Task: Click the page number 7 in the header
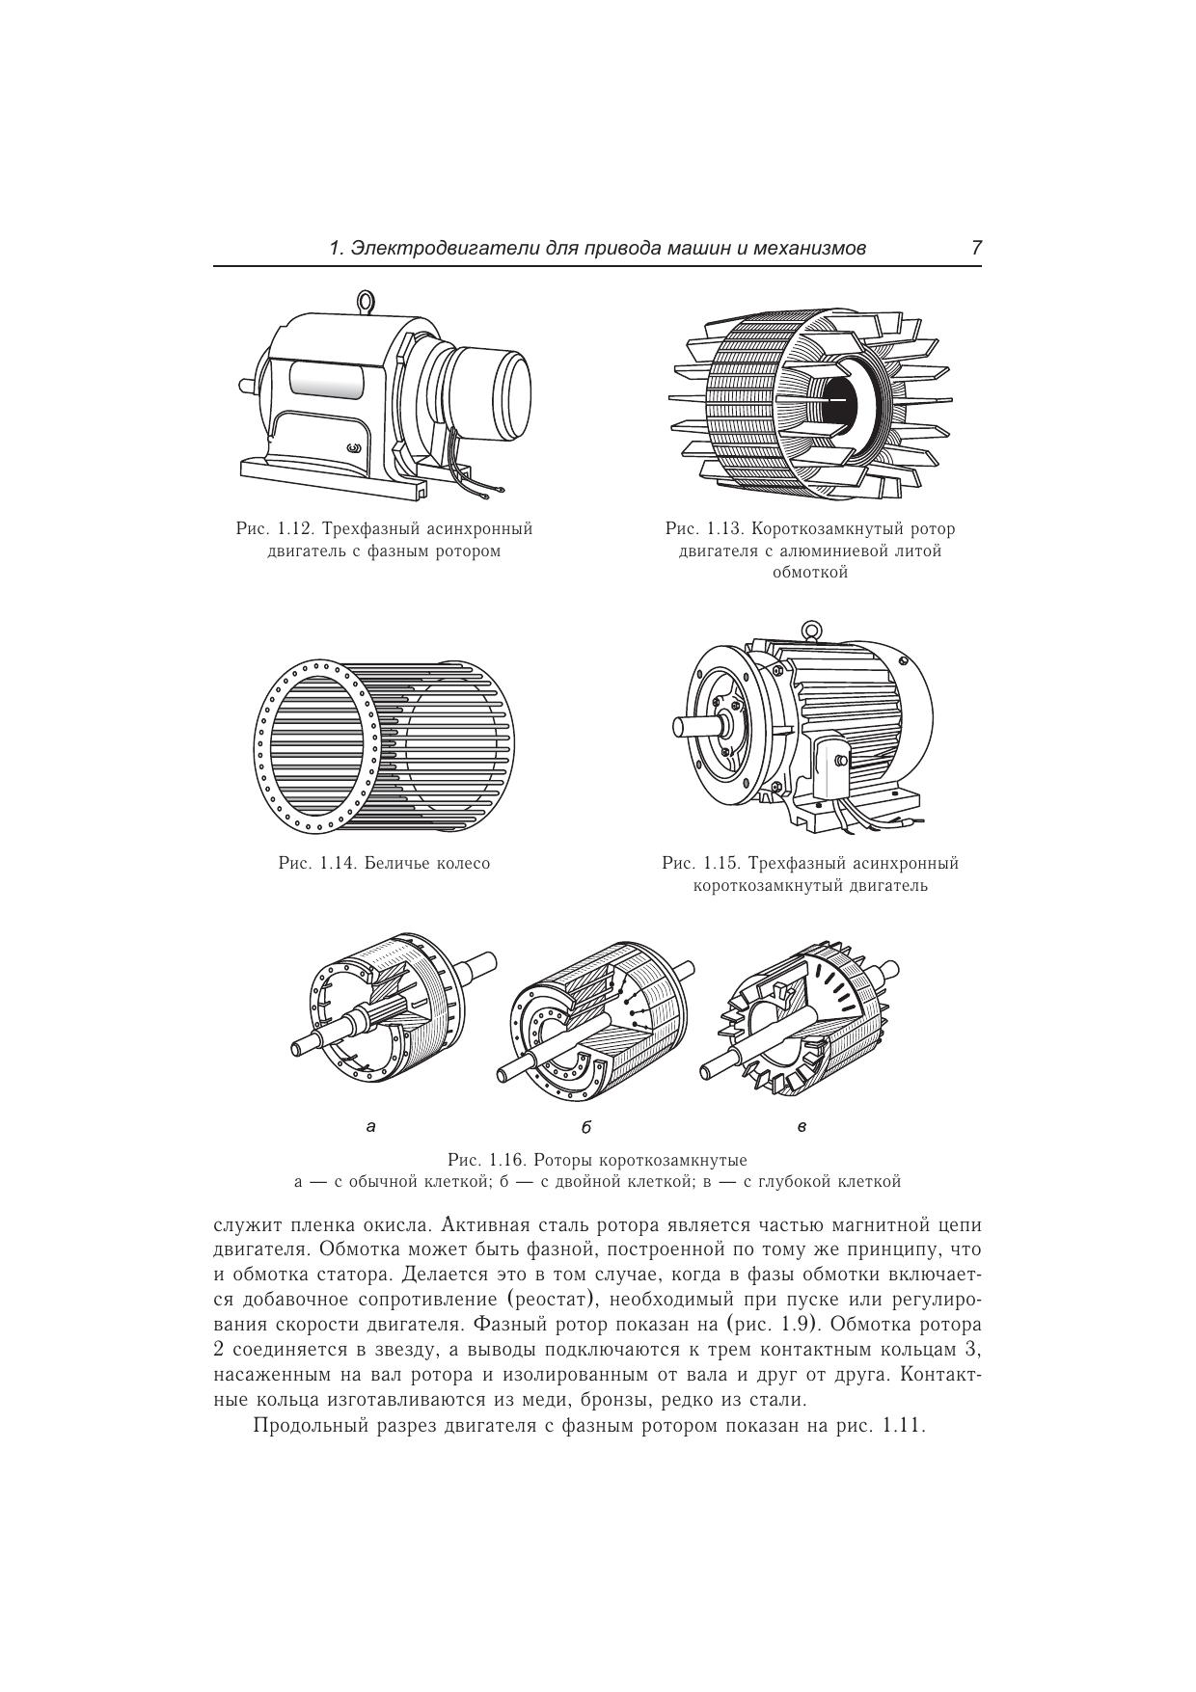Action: coord(976,248)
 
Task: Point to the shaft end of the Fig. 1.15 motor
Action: coord(686,723)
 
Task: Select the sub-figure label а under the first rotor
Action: coord(371,1124)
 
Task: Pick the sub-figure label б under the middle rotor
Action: coord(585,1126)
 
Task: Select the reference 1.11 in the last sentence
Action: coord(903,1426)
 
